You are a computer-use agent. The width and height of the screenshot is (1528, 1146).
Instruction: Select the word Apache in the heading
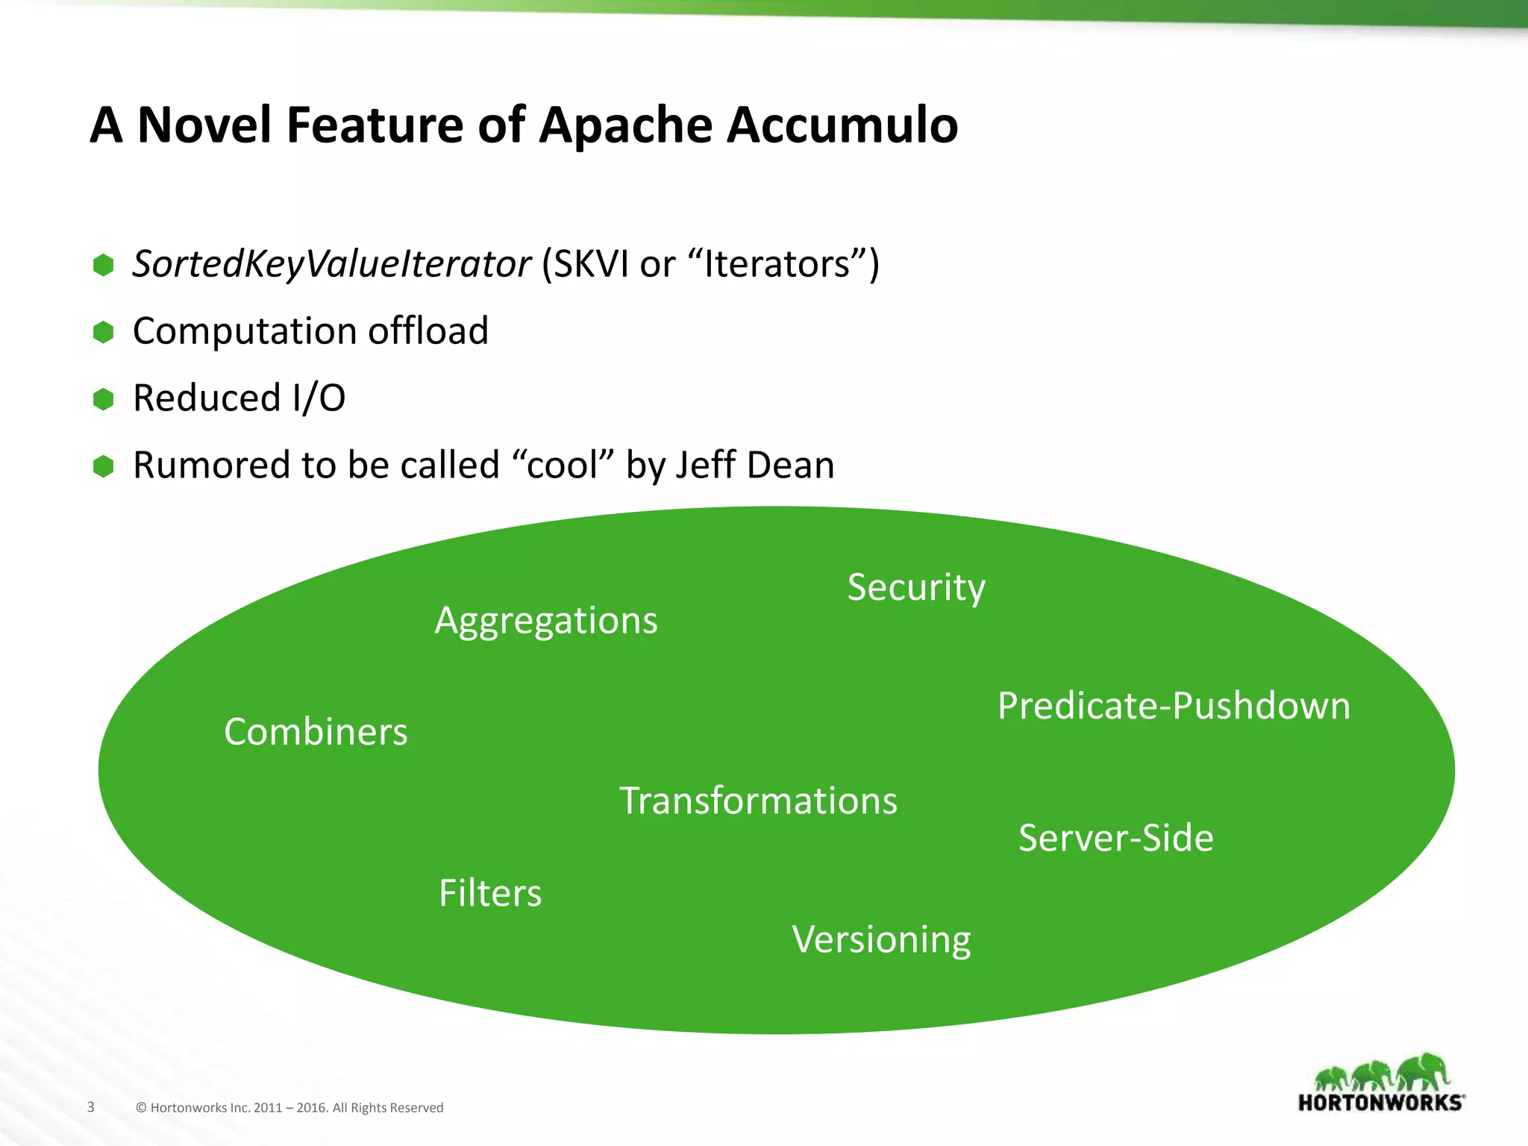click(x=625, y=125)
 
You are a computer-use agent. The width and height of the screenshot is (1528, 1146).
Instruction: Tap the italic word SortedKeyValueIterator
click(x=331, y=264)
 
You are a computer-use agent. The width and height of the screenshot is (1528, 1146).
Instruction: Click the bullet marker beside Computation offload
click(x=103, y=332)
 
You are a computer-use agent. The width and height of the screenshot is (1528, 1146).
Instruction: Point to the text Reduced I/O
click(x=239, y=398)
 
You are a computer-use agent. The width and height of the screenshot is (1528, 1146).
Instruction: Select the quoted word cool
click(x=562, y=465)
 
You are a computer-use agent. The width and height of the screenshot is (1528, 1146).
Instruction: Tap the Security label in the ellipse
click(x=916, y=587)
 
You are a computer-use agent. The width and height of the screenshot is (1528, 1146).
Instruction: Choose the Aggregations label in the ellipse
click(x=546, y=621)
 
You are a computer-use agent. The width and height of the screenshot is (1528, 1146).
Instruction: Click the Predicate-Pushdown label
click(x=1174, y=706)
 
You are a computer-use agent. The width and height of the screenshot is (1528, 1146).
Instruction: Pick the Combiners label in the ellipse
click(x=316, y=732)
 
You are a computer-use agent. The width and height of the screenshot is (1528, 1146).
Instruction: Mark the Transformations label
click(x=758, y=801)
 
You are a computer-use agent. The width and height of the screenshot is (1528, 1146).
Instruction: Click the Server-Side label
click(x=1115, y=838)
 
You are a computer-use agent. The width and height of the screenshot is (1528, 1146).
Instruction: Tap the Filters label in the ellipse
click(x=490, y=893)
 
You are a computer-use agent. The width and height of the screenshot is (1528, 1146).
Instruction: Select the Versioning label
click(x=881, y=939)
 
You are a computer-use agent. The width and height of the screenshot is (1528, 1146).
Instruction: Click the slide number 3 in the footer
click(x=91, y=1106)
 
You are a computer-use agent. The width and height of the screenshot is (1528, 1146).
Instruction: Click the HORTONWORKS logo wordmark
click(x=1381, y=1103)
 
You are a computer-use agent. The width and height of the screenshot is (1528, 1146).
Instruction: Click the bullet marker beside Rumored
click(x=103, y=466)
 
